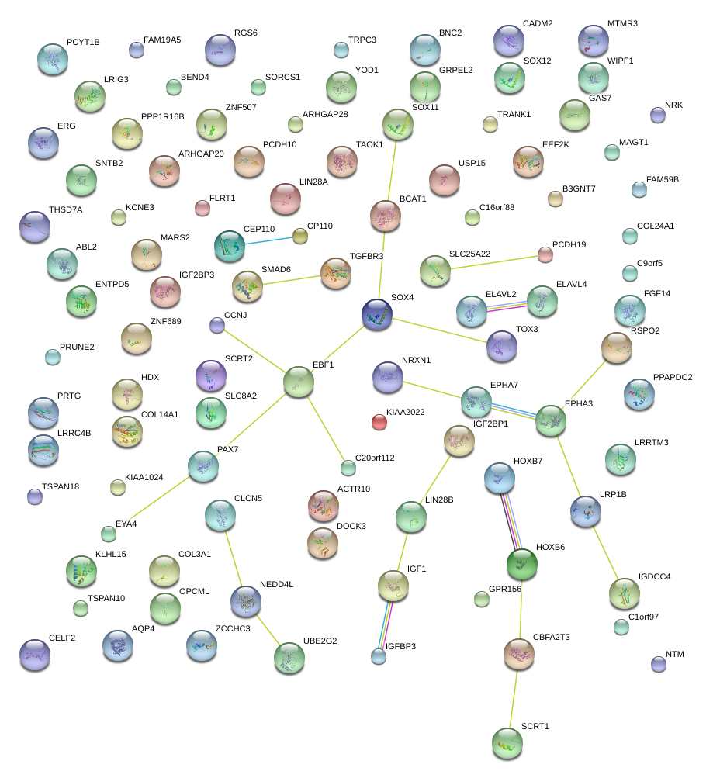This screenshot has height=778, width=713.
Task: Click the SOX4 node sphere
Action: point(377,314)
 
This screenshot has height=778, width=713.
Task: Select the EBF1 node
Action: point(299,381)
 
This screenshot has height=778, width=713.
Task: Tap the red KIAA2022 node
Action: point(379,421)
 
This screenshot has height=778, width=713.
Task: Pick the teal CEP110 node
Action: point(230,245)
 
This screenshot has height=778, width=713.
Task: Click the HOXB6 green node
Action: point(522,564)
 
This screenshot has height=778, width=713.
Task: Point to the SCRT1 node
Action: point(507,742)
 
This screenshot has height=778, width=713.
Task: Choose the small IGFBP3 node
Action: point(378,656)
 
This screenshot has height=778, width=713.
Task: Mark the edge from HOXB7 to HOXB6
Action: point(511,523)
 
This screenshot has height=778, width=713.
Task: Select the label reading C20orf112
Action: point(375,458)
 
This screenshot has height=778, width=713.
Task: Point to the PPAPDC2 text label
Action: point(673,377)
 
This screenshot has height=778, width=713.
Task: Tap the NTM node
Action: point(659,663)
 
